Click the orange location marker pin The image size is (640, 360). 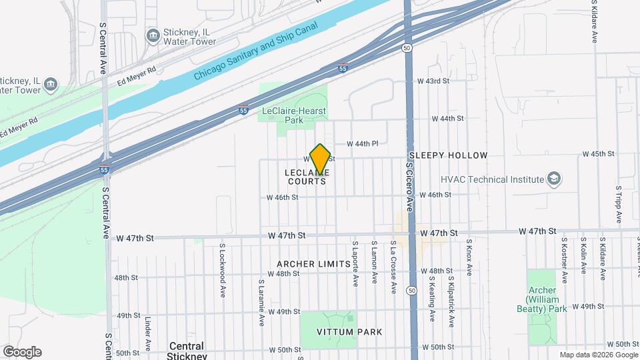321,160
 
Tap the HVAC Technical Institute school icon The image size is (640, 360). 554,179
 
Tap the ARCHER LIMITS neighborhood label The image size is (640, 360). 313,264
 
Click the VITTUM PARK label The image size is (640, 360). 340,332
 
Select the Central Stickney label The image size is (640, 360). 187,351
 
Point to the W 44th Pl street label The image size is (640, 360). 363,143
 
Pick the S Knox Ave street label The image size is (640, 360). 469,258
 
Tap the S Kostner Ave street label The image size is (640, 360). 564,259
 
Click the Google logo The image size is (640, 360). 21,351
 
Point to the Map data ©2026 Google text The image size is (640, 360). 598,355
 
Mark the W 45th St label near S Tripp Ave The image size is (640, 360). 598,154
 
